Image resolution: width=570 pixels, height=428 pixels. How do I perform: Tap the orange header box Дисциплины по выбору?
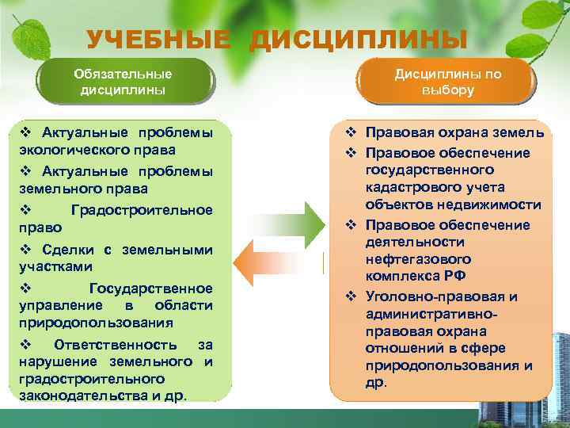448,82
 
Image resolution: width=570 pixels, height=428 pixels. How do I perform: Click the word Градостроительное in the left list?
141,210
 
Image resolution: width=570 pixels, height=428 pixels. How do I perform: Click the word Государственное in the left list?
150,288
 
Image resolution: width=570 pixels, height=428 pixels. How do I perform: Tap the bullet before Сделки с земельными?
25,250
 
